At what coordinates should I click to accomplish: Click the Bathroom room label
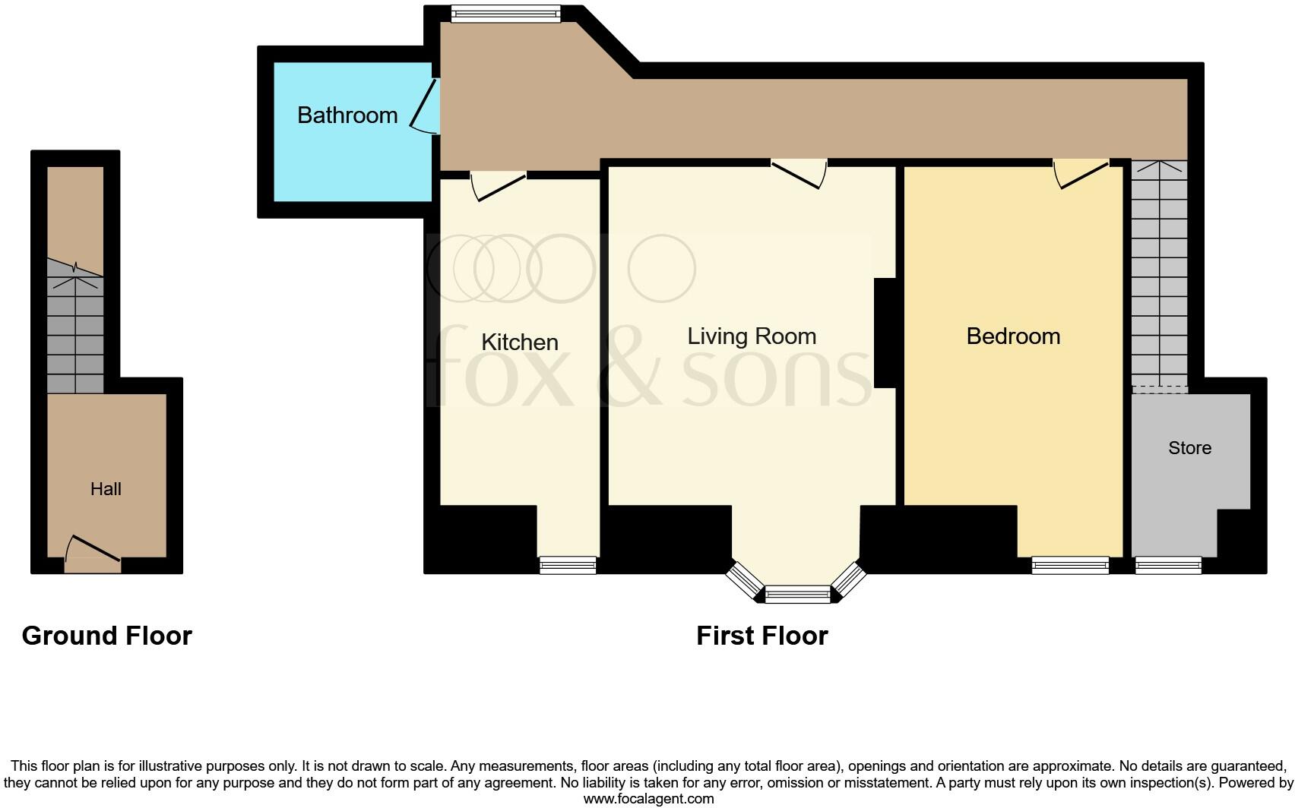[x=347, y=115]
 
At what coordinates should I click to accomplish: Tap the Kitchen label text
[x=520, y=342]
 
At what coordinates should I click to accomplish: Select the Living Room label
[x=752, y=336]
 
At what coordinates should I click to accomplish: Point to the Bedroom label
[x=1013, y=336]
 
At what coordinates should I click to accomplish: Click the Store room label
[x=1189, y=448]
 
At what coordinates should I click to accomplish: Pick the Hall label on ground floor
[x=106, y=489]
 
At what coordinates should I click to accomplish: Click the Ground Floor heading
[x=107, y=636]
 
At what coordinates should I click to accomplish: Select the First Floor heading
[x=761, y=636]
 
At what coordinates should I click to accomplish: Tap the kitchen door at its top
[x=498, y=185]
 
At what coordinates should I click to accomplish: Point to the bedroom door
[x=1079, y=172]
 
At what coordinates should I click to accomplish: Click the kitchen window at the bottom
[x=568, y=565]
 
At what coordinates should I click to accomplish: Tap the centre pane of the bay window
[x=798, y=594]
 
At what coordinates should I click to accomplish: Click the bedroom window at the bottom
[x=1070, y=565]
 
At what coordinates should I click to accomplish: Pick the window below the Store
[x=1168, y=565]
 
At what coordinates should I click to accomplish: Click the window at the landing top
[x=505, y=12]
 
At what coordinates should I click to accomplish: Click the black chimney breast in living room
[x=885, y=333]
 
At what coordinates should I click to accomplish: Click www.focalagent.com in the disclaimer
[x=648, y=799]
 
